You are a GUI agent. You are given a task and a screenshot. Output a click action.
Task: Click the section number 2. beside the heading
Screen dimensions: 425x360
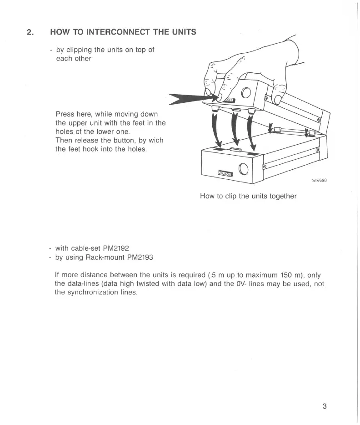(x=30, y=32)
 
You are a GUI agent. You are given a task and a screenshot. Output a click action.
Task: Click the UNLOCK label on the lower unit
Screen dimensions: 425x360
(x=225, y=173)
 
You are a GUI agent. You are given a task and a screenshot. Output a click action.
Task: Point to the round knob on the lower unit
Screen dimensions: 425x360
(x=244, y=169)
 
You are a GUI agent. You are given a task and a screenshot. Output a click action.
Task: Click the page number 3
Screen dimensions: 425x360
(x=325, y=406)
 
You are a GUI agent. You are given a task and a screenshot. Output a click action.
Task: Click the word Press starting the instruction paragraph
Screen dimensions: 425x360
(x=65, y=114)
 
